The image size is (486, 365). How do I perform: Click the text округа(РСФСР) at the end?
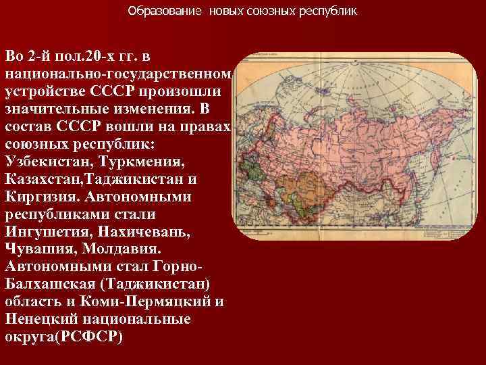pyautogui.click(x=64, y=337)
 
